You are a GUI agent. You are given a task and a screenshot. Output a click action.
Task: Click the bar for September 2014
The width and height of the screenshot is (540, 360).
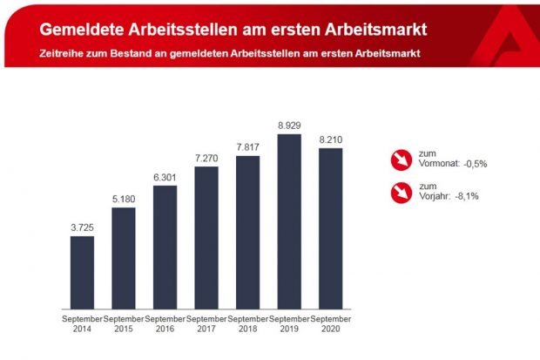point(82,272)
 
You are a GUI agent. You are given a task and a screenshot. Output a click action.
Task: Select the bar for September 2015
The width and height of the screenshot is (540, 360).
point(124,258)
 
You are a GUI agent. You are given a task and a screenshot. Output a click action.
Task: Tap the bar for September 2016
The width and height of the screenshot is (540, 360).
point(165,247)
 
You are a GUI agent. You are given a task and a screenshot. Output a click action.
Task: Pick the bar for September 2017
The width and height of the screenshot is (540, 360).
point(206,237)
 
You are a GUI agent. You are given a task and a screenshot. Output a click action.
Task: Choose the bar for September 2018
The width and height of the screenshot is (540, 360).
point(248,232)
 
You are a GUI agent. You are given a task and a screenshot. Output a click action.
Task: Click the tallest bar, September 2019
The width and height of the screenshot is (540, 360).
point(289,221)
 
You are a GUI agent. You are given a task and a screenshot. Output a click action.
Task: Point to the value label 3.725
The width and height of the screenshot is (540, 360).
point(82,227)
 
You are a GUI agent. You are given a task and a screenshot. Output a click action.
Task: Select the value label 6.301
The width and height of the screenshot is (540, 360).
point(165,175)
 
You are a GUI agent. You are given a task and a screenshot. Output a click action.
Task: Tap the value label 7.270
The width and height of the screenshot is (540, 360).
point(206,157)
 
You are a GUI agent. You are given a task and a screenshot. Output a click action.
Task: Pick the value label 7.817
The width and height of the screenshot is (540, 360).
point(248,146)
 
